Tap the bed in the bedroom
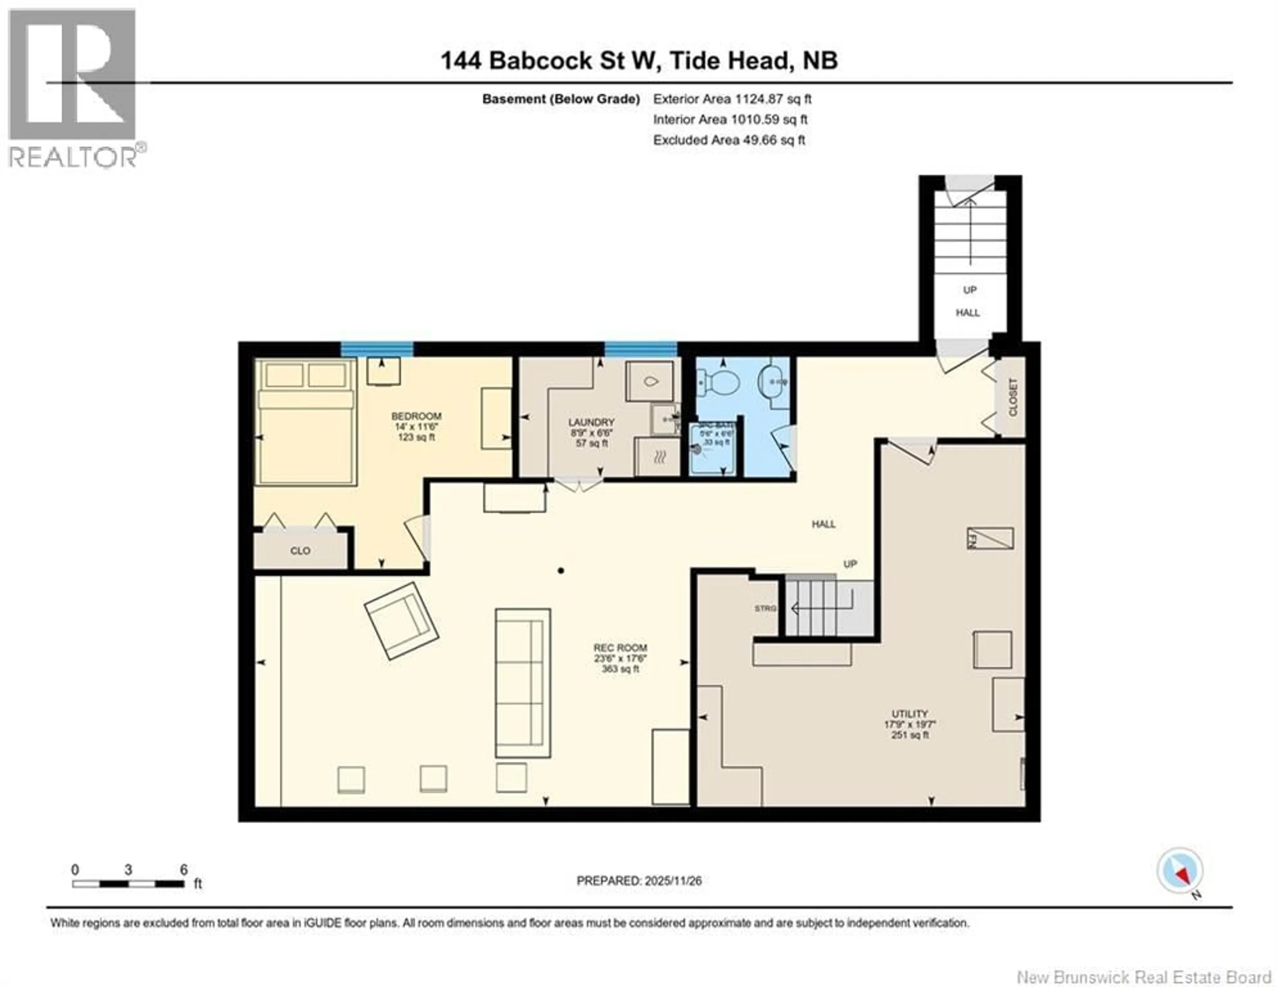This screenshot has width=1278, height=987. coord(306,423)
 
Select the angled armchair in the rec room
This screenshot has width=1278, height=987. coord(401,620)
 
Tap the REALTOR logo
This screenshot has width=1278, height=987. coord(73,88)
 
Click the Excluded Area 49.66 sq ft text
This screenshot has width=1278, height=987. coord(729,140)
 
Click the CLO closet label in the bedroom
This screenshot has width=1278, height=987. coord(300,551)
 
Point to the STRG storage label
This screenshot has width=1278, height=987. coord(765,609)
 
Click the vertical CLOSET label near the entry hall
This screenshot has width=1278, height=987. coord(1013,398)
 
